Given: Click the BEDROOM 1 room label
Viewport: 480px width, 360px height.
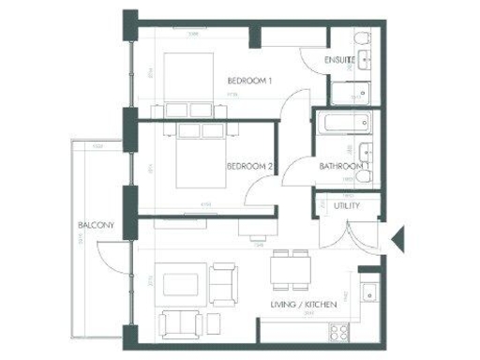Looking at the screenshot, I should click(249, 82).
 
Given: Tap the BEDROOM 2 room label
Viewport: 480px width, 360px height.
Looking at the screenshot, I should click(249, 167).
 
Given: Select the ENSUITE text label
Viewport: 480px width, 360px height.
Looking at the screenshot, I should click(338, 60).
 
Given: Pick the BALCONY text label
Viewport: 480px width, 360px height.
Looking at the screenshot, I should click(96, 226).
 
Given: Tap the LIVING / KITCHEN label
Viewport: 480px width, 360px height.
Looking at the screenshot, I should click(302, 304).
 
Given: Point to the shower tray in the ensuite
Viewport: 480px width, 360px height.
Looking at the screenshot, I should click(352, 93).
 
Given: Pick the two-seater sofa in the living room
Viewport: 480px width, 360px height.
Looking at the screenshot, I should click(180, 323).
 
